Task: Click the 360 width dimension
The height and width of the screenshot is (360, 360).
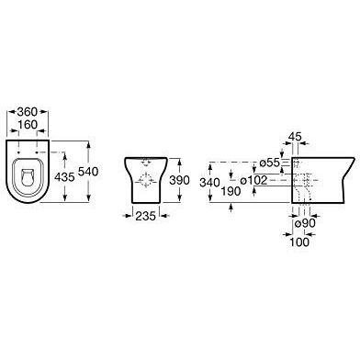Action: coord(28,112)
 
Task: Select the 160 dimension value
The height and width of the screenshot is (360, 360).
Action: coord(28,125)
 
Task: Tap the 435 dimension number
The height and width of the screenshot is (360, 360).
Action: coord(64,176)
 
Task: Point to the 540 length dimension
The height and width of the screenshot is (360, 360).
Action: coord(88,172)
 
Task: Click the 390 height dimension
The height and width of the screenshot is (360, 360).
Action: coord(180,180)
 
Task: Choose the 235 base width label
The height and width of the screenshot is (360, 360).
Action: coord(146,216)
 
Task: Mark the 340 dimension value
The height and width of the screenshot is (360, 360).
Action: coord(209,183)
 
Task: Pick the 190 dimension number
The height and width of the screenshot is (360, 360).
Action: coord(231,191)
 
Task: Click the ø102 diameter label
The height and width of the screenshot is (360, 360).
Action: coord(253,180)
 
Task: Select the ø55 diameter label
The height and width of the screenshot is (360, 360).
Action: coord(270,163)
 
